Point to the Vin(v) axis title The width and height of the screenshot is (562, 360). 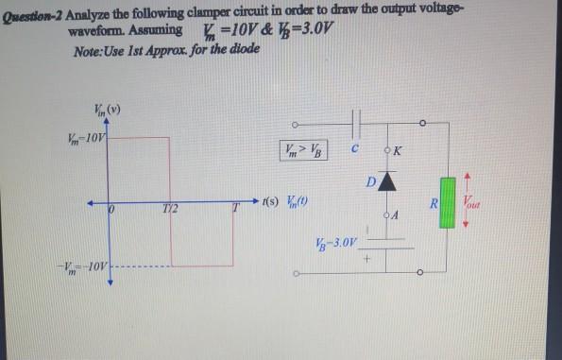[106, 107]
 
